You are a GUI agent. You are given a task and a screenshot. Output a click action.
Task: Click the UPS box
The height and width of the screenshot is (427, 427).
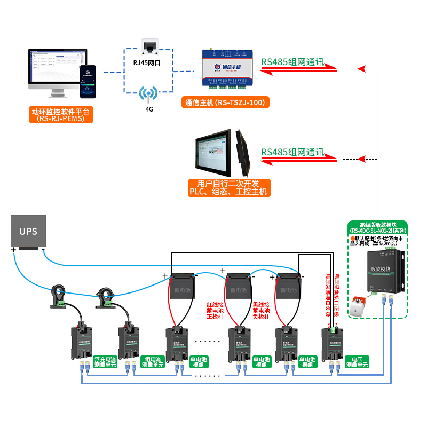[x=28, y=232]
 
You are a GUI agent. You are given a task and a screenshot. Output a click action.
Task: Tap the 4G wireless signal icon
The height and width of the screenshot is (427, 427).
[x=149, y=94]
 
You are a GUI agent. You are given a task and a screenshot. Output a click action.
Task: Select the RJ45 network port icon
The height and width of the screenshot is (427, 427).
[x=149, y=46]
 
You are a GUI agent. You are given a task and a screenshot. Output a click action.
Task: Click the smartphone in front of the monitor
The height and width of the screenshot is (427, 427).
[x=89, y=82]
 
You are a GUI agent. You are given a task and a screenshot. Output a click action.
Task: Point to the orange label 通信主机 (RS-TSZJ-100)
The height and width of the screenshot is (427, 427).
[x=225, y=102]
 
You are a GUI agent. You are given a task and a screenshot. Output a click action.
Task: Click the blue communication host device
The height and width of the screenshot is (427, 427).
[x=227, y=68]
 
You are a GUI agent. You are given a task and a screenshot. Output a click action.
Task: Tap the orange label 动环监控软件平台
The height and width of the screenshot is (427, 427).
[x=61, y=115]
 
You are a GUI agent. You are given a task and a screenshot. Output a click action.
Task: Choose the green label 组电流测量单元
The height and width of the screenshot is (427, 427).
[x=154, y=362]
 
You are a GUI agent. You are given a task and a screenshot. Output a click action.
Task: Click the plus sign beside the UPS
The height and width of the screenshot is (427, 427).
[x=13, y=249]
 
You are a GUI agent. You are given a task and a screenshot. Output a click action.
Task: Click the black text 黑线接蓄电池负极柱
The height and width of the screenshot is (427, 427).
[x=262, y=311]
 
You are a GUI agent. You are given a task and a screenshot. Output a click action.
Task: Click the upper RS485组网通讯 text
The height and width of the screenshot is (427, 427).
[x=292, y=62]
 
